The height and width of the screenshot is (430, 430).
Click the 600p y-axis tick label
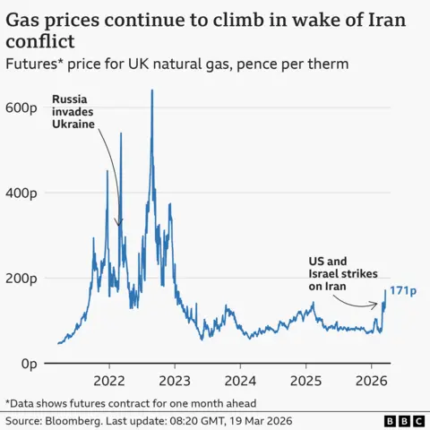(21, 107)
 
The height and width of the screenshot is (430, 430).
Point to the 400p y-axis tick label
(21, 193)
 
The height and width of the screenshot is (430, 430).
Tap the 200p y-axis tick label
(21, 279)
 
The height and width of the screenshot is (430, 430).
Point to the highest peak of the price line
(152, 90)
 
